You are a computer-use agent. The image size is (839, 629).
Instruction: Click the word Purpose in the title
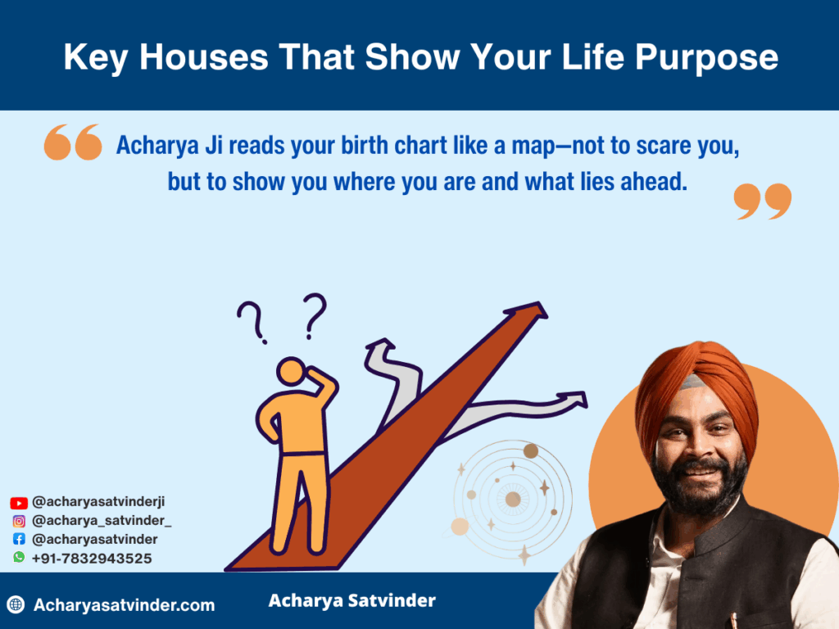pyautogui.click(x=706, y=58)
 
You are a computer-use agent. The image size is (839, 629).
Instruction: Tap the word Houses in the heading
pyautogui.click(x=204, y=57)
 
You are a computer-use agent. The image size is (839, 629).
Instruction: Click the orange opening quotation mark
pyautogui.click(x=73, y=143)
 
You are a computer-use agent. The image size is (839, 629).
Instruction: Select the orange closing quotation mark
pyautogui.click(x=763, y=201)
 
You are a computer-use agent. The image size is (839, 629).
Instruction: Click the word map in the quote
pyautogui.click(x=533, y=147)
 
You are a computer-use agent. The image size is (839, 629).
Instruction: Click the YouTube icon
pyautogui.click(x=19, y=503)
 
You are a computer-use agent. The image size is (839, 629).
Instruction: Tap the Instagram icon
pyautogui.click(x=19, y=521)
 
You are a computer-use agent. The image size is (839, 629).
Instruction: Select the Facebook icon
pyautogui.click(x=19, y=539)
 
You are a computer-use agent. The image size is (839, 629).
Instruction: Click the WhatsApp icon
pyautogui.click(x=19, y=557)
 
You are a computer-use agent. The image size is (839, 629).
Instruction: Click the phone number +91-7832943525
pyautogui.click(x=92, y=559)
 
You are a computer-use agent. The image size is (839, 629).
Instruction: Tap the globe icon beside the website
pyautogui.click(x=16, y=604)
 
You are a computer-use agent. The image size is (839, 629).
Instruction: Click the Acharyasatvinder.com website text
pyautogui.click(x=125, y=605)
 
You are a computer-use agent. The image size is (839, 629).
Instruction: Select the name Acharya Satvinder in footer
pyautogui.click(x=352, y=600)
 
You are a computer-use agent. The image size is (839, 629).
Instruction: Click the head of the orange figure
pyautogui.click(x=292, y=371)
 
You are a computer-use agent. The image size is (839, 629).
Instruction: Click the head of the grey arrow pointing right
pyautogui.click(x=577, y=400)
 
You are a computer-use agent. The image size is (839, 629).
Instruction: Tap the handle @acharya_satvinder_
pyautogui.click(x=102, y=521)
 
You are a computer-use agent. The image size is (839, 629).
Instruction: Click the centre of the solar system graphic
pyautogui.click(x=513, y=500)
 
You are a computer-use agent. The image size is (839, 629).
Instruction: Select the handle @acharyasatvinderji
pyautogui.click(x=98, y=502)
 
